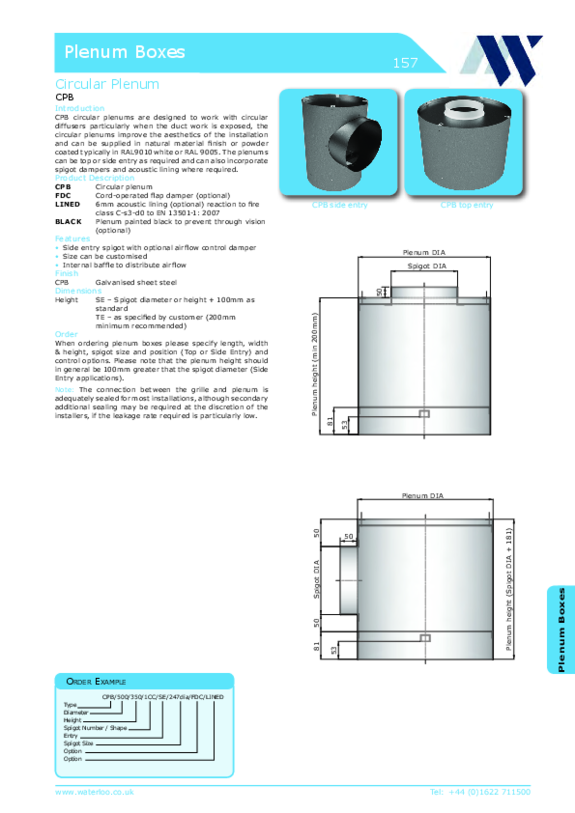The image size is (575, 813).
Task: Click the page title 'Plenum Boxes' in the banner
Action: click(124, 52)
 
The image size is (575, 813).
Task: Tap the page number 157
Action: click(405, 63)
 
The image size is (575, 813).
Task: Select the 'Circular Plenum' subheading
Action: click(107, 84)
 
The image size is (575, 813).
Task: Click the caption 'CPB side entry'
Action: click(340, 205)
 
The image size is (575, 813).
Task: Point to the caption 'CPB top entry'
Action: click(466, 205)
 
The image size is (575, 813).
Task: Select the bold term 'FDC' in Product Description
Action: click(63, 196)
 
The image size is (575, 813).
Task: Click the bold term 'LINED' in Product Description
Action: click(68, 204)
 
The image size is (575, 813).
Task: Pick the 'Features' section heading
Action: click(72, 239)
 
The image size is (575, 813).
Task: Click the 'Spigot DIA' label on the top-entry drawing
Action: click(427, 266)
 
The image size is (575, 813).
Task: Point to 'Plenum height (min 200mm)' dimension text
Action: click(315, 364)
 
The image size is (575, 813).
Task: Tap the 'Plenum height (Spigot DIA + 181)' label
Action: click(509, 589)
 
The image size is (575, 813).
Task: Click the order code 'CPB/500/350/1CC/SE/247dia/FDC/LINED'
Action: click(162, 697)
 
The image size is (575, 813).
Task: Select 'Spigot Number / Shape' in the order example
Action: click(95, 728)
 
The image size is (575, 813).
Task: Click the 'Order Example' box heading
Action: click(96, 682)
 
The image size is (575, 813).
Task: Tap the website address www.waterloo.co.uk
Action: click(94, 792)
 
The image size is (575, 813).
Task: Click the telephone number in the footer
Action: click(480, 792)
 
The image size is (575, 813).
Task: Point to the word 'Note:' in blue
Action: click(64, 390)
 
